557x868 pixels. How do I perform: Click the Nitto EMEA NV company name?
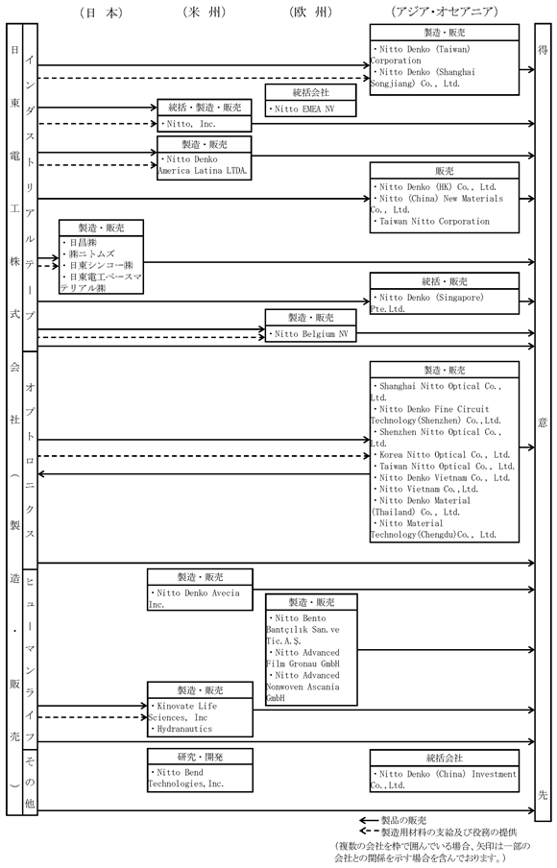tap(304, 109)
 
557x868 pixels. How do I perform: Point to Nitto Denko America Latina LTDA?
tap(203, 165)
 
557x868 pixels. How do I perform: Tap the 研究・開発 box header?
tap(200, 757)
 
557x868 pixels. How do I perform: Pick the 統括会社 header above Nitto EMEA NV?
tap(310, 92)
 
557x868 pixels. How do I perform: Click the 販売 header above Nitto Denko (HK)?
tap(445, 171)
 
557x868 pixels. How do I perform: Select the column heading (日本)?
tap(102, 12)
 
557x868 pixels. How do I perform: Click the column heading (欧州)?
tap(310, 12)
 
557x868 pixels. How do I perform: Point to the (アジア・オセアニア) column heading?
tap(444, 12)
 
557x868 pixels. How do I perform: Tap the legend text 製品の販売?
tap(403, 820)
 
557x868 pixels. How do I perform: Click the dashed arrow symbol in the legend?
tap(369, 832)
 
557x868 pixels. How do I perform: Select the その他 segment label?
tap(30, 782)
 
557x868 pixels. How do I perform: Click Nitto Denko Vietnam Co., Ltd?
tap(445, 478)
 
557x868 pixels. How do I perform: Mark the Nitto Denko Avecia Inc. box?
tap(200, 590)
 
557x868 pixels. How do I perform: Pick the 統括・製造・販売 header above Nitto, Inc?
tap(205, 108)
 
